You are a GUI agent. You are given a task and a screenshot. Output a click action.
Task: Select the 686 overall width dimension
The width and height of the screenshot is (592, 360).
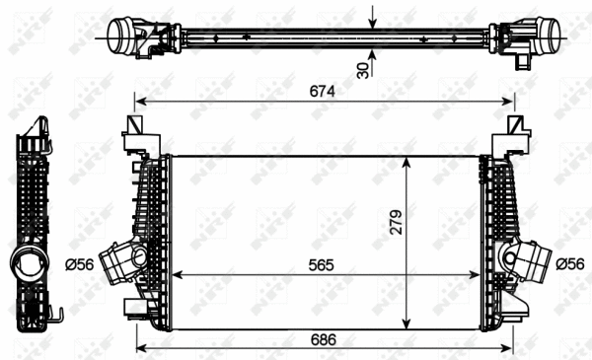click(x=324, y=338)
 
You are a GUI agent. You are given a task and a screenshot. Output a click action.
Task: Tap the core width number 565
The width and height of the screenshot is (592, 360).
click(x=325, y=264)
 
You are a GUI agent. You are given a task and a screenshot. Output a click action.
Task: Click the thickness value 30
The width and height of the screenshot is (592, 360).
click(x=363, y=69)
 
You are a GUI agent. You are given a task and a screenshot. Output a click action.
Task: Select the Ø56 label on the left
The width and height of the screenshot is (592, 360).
click(x=81, y=262)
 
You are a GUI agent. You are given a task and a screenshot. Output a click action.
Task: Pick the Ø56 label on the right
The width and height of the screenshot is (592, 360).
click(x=570, y=262)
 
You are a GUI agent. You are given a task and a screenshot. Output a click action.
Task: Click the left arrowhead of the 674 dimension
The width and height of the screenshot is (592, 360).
click(x=139, y=101)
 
